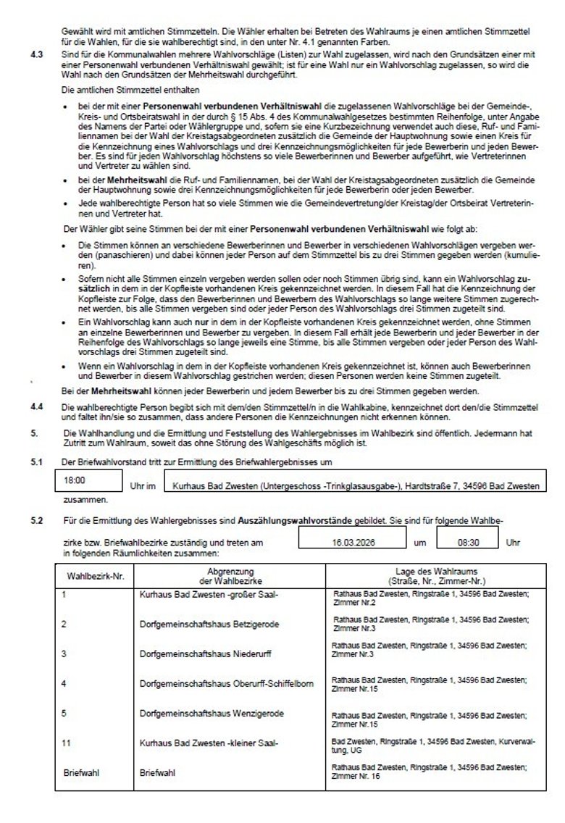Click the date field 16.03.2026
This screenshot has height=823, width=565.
(x=352, y=541)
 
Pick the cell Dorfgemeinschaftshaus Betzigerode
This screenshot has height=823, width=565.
(x=199, y=624)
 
